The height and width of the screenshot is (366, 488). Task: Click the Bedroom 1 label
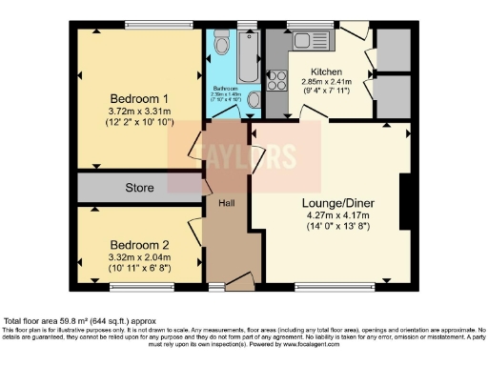pyautogui.click(x=139, y=98)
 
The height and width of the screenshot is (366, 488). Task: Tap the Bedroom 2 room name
pyautogui.click(x=138, y=243)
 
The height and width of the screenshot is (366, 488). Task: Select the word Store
pyautogui.click(x=140, y=188)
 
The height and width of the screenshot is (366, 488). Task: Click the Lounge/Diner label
pyautogui.click(x=331, y=213)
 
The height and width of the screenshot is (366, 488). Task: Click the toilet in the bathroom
pyautogui.click(x=221, y=43)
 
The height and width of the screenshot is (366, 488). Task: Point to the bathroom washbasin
pyautogui.click(x=252, y=98)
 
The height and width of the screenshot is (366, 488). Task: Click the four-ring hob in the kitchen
pyautogui.click(x=280, y=81)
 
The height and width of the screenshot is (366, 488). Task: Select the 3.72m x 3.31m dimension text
pyautogui.click(x=139, y=112)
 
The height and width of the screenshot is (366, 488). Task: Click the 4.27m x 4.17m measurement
pyautogui.click(x=331, y=227)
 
